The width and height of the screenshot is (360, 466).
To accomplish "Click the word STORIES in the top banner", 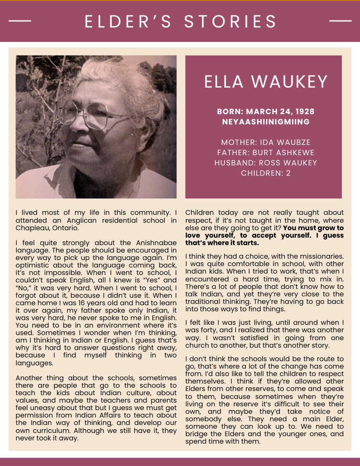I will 231,21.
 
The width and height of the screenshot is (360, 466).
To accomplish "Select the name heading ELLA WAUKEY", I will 266,82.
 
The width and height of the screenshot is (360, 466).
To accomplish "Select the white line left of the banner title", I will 20,21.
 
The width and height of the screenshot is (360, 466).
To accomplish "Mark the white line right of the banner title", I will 340,21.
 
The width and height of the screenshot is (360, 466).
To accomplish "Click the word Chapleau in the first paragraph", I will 30,228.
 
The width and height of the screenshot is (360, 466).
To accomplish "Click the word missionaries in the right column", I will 320,257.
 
